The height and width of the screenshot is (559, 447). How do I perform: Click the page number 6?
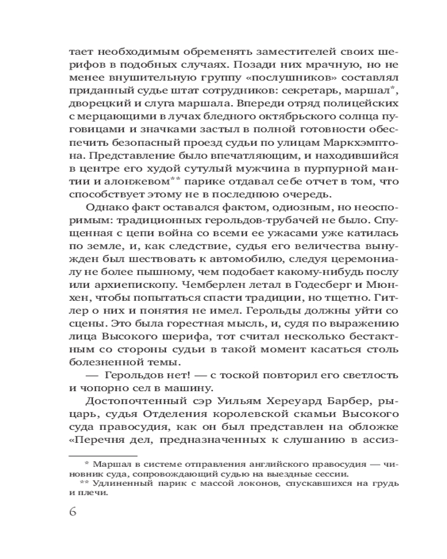[x=73, y=511]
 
